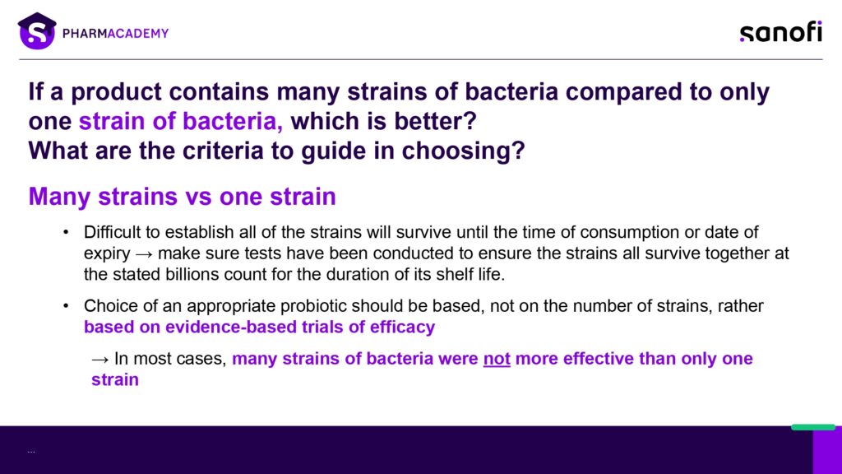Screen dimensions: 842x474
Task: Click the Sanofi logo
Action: (781, 32)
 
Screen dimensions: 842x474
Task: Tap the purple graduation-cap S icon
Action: (37, 31)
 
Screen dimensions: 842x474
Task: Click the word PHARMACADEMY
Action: (115, 33)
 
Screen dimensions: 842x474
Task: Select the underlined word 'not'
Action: (497, 359)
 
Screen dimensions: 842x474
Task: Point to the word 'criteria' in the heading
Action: (223, 151)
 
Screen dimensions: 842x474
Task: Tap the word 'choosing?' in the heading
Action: (463, 151)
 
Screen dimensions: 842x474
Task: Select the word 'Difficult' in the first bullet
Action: (114, 232)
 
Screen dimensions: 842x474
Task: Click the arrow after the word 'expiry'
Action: (144, 253)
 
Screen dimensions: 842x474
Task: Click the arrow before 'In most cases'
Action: (99, 360)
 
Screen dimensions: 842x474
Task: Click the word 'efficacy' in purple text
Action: (402, 327)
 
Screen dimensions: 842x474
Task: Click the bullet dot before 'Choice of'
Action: (66, 306)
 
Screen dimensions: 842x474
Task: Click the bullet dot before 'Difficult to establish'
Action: (66, 232)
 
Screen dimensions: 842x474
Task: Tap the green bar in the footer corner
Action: (813, 427)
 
